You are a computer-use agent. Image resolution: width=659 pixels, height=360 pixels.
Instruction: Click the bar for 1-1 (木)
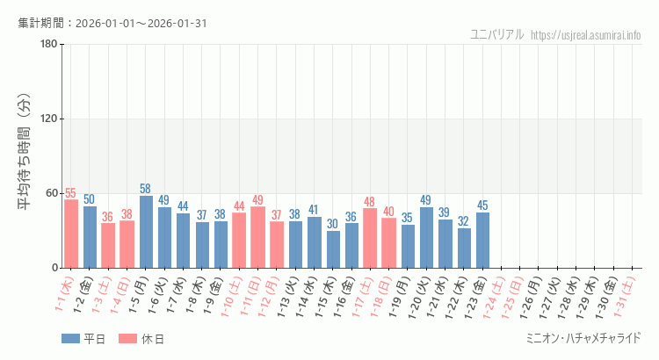pyautogui.click(x=71, y=234)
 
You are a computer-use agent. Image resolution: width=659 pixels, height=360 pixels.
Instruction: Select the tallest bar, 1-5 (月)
pyautogui.click(x=146, y=232)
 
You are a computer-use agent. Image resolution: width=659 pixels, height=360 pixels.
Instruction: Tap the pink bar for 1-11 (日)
pyautogui.click(x=258, y=237)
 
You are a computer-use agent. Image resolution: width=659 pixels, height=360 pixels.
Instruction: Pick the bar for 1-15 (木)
pyautogui.click(x=333, y=249)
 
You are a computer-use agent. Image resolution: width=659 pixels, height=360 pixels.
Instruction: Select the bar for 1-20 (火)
pyautogui.click(x=426, y=237)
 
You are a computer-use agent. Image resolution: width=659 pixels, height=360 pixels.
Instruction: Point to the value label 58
pyautogui.click(x=146, y=189)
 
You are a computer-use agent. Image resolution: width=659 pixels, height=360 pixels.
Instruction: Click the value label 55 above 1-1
pyautogui.click(x=71, y=193)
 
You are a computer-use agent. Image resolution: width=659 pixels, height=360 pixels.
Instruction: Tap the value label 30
pyautogui.click(x=333, y=224)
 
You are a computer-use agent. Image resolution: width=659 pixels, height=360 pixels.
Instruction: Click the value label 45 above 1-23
pyautogui.click(x=482, y=205)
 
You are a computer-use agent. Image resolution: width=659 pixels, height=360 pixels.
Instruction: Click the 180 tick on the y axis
pyautogui.click(x=48, y=45)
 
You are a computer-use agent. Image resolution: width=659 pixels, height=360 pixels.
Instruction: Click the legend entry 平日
pyautogui.click(x=83, y=339)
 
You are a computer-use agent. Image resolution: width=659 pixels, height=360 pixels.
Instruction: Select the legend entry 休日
pyautogui.click(x=141, y=339)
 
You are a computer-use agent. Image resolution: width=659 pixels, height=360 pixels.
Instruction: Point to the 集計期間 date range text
pyautogui.click(x=112, y=23)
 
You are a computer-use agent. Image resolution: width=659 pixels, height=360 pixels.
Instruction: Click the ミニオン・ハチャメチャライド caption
pyautogui.click(x=582, y=338)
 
